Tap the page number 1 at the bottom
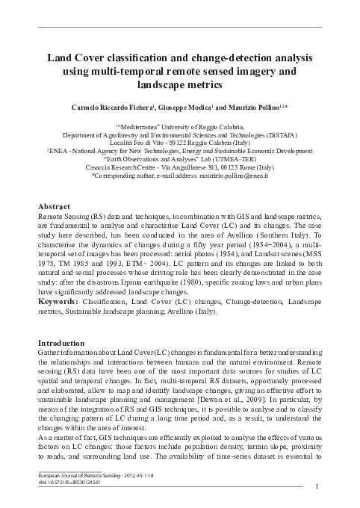pos(319,487)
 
